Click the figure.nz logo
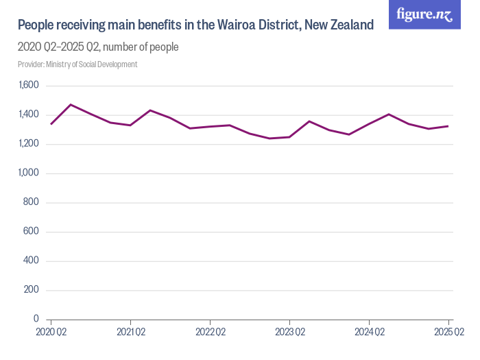tap(424, 14)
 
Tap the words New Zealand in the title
tap(341, 25)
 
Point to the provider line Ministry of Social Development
tap(77, 64)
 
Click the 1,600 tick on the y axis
tap(28, 86)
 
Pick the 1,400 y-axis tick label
tap(28, 115)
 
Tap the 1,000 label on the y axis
tap(28, 173)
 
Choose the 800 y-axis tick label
tap(32, 203)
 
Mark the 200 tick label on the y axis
tap(32, 290)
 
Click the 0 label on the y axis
tap(37, 320)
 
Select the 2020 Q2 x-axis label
tap(51, 333)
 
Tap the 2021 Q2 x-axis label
tap(130, 333)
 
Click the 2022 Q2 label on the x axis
tap(210, 333)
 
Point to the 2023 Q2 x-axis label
tap(289, 333)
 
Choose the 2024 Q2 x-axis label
tap(369, 333)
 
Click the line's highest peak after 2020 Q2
tap(71, 105)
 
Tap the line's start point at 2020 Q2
tap(51, 124)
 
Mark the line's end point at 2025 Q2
tap(448, 126)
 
